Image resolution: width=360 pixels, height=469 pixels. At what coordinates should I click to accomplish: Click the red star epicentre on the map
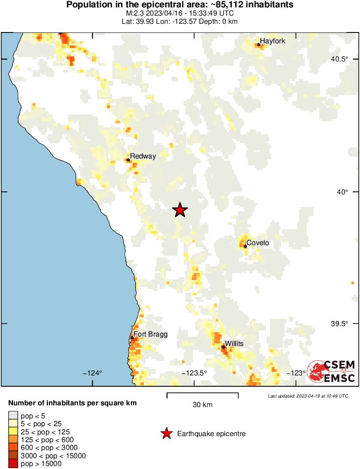pyautogui.click(x=180, y=210)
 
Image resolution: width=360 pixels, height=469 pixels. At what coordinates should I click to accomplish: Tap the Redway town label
pyautogui.click(x=143, y=156)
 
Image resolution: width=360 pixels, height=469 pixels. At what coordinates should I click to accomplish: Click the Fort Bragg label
pyautogui.click(x=150, y=334)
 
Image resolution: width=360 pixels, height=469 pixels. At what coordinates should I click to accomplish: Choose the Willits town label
pyautogui.click(x=234, y=343)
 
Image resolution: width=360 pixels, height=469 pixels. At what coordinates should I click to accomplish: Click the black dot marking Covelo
pyautogui.click(x=245, y=246)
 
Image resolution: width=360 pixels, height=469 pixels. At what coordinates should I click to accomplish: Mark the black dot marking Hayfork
pyautogui.click(x=259, y=45)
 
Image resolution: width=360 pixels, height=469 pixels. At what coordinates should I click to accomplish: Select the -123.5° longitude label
pyautogui.click(x=195, y=373)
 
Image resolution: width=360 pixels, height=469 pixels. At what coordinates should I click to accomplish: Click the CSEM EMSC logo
pyautogui.click(x=331, y=371)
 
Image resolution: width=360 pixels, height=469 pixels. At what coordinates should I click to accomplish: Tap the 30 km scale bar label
pyautogui.click(x=202, y=405)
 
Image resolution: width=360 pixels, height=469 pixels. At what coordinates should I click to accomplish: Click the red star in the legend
pyautogui.click(x=166, y=433)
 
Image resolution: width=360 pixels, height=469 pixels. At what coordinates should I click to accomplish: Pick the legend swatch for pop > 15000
pyautogui.click(x=13, y=463)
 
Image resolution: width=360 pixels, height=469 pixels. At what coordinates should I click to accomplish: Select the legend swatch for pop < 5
pyautogui.click(x=13, y=416)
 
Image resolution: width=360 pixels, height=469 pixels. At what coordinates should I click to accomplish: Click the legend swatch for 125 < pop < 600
pyautogui.click(x=13, y=440)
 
